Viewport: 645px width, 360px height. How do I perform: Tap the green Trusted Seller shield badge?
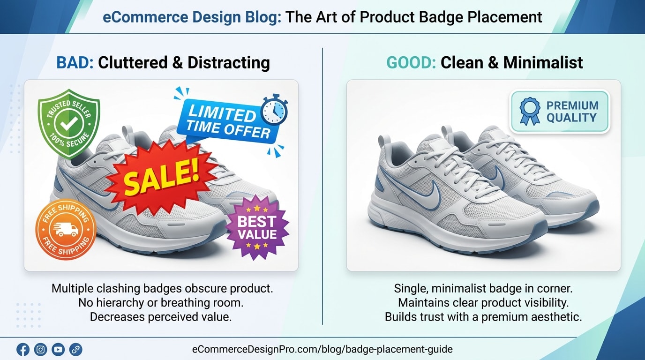(69, 122)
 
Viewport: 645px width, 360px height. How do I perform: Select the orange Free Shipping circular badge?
(66, 229)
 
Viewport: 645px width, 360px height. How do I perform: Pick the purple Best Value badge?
(257, 227)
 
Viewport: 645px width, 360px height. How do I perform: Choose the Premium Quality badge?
(559, 112)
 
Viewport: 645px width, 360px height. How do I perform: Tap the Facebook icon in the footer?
(22, 349)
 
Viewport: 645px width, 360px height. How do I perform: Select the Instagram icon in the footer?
(41, 349)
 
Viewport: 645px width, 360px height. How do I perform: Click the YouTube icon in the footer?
(58, 349)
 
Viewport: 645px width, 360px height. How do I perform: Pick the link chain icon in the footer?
(75, 349)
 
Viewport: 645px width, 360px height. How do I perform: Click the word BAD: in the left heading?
(75, 62)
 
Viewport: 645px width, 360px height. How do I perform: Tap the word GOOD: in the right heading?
(411, 62)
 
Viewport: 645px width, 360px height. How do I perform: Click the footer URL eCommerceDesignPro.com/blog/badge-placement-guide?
(322, 349)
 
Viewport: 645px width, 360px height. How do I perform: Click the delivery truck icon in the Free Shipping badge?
(66, 229)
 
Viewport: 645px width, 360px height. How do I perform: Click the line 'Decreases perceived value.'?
(161, 316)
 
